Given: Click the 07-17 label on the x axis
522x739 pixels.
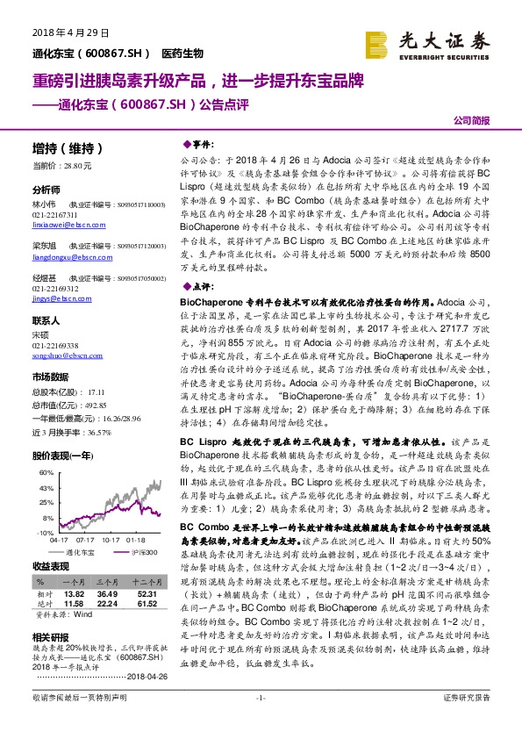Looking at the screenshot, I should [x=85, y=541].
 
